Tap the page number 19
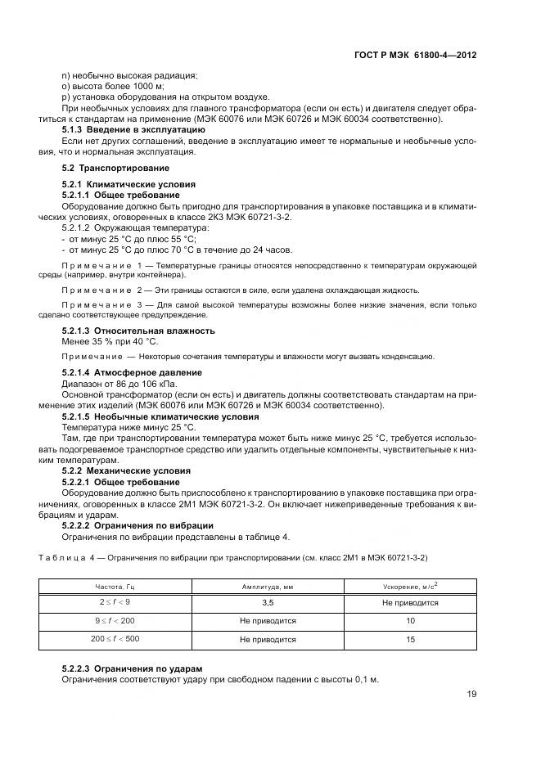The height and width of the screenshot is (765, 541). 471,694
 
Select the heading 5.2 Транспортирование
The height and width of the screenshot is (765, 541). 105,168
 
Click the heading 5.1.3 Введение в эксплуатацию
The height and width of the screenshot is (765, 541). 133,129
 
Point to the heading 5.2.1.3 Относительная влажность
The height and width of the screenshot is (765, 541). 138,331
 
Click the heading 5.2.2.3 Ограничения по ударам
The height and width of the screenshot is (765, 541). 133,668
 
